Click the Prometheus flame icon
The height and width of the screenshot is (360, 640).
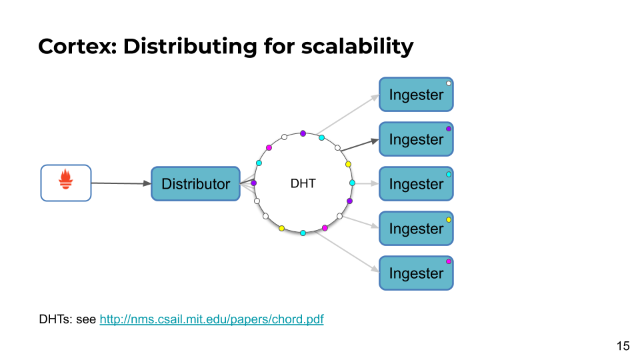pos(66,179)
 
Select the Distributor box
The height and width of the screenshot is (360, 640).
pos(195,184)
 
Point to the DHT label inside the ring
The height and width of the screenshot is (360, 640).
pos(303,184)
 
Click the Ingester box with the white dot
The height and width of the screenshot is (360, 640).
pos(416,94)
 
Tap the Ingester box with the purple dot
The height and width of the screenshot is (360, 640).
pos(416,139)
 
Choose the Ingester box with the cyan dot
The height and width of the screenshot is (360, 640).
pos(416,184)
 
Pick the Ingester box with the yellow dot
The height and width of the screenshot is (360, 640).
pos(416,228)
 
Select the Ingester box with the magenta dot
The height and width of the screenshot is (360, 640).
pos(416,273)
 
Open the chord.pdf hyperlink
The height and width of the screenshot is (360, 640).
pos(211,319)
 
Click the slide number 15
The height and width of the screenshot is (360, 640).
pos(623,346)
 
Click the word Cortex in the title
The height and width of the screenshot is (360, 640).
pos(75,46)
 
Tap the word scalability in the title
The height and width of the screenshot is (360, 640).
pos(357,46)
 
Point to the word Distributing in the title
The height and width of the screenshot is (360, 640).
pos(190,46)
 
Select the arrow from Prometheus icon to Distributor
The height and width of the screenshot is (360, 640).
pos(121,183)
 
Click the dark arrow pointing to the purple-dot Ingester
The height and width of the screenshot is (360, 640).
pos(359,145)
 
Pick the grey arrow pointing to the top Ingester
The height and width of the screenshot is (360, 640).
pos(348,114)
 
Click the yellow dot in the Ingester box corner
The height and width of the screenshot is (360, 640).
pos(449,219)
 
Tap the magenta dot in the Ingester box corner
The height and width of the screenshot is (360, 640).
pos(449,261)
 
